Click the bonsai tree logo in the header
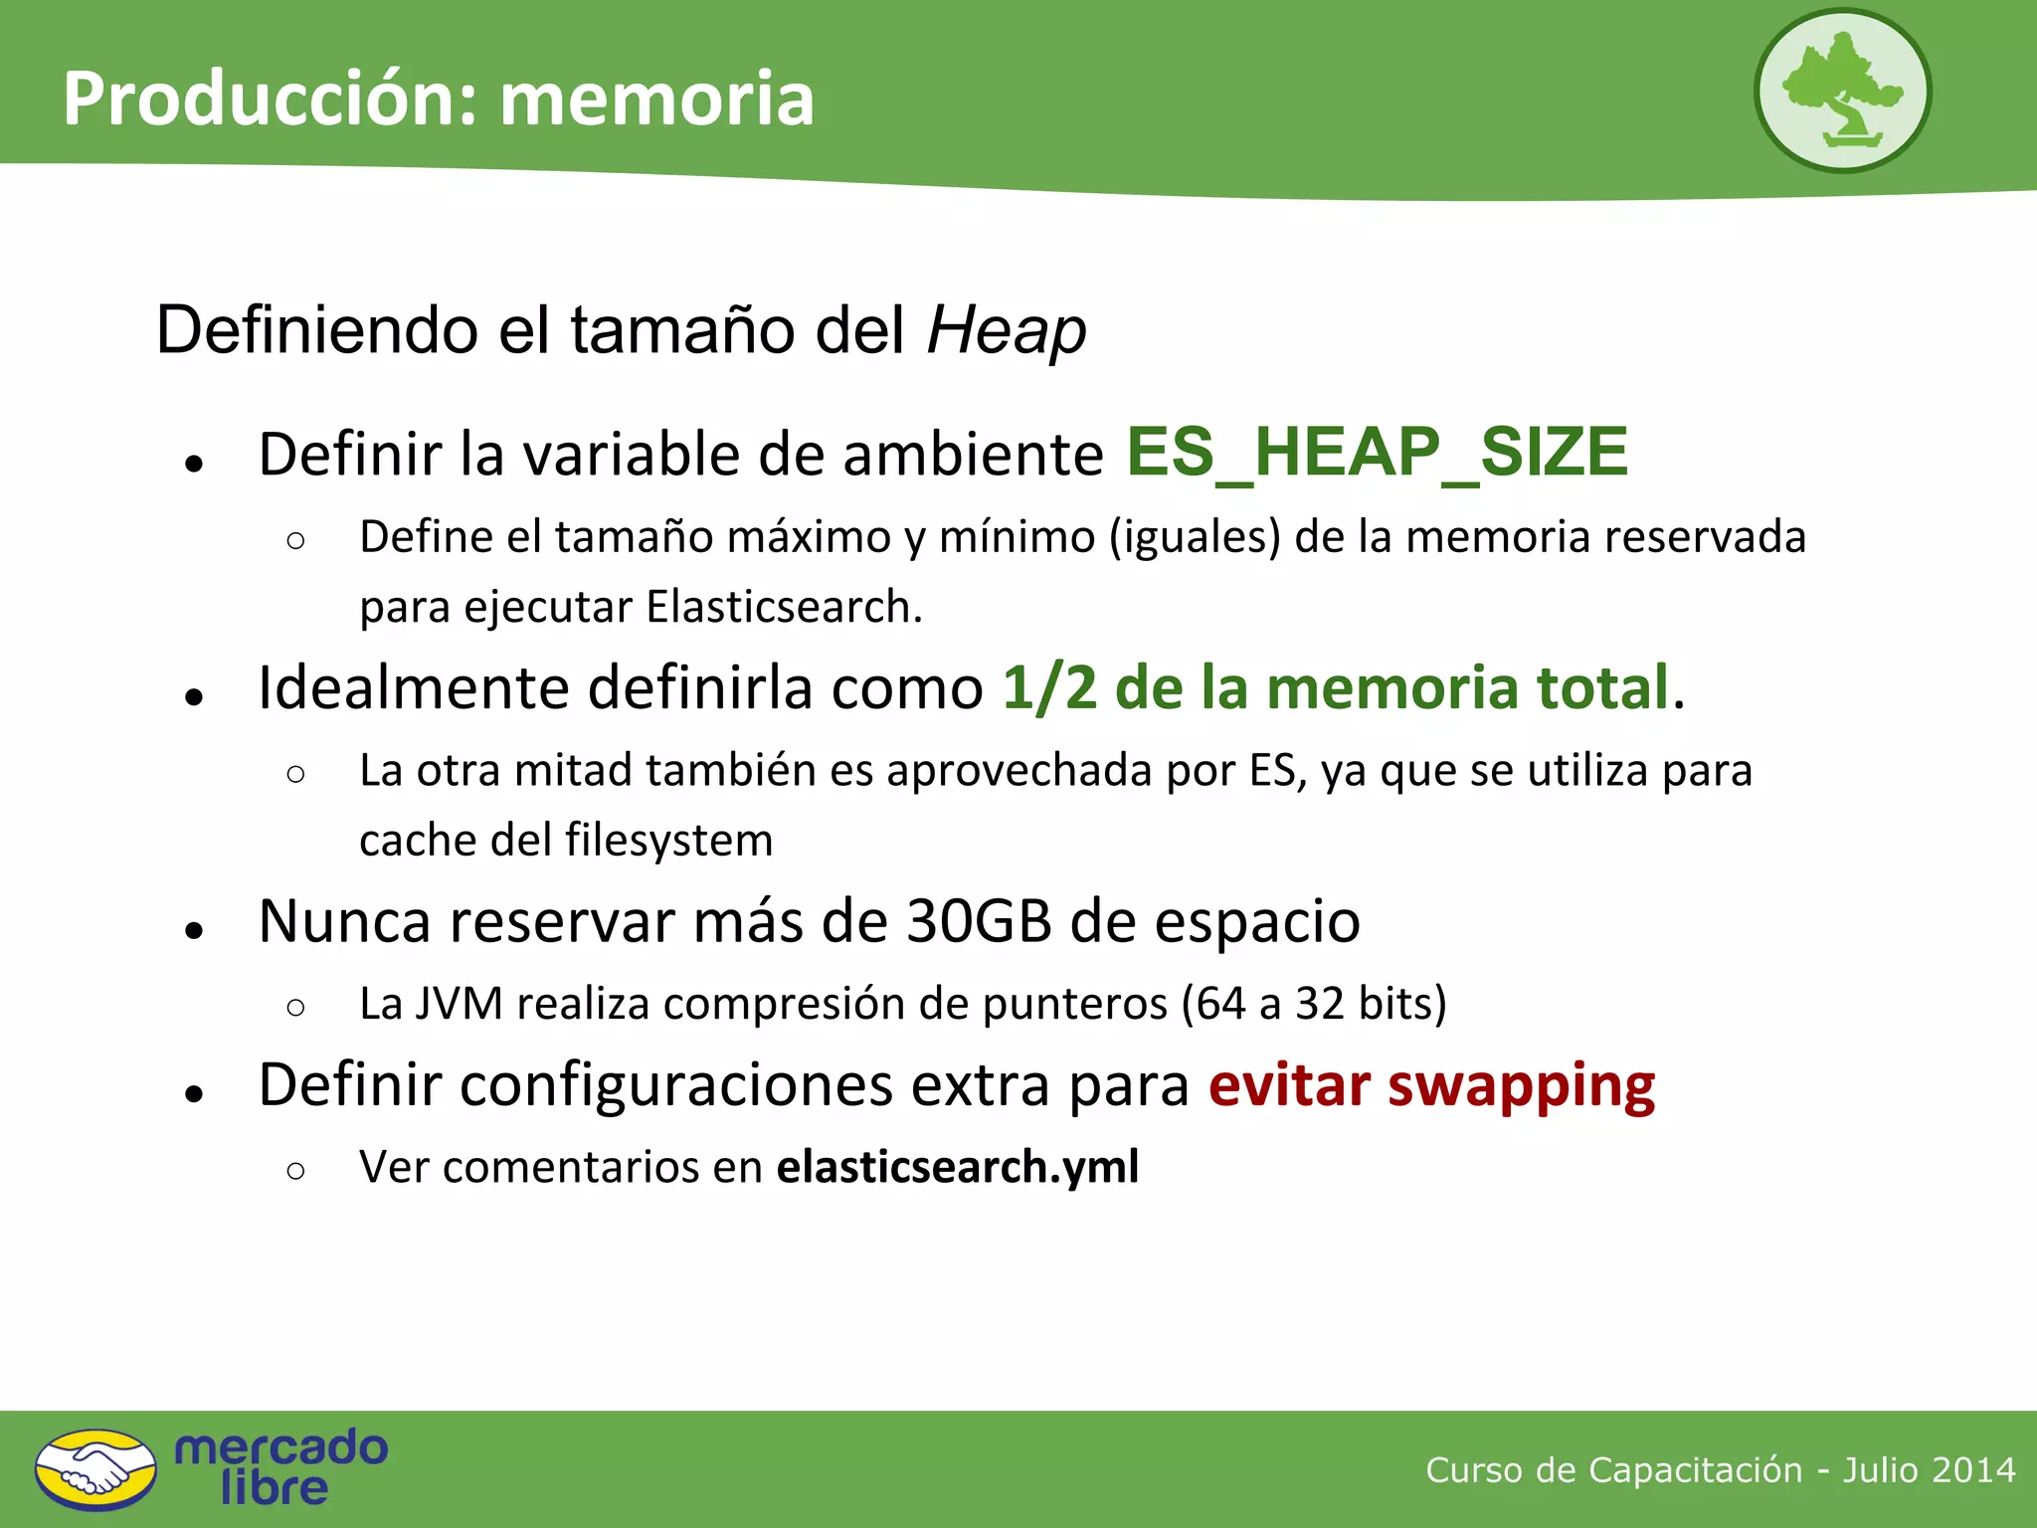pyautogui.click(x=1842, y=92)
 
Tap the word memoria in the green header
pyautogui.click(x=656, y=99)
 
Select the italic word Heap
pyautogui.click(x=1006, y=332)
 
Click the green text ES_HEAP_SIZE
pyautogui.click(x=1377, y=453)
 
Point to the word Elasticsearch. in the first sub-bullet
pyautogui.click(x=784, y=607)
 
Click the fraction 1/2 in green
pyautogui.click(x=1048, y=687)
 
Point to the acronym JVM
pyautogui.click(x=459, y=1004)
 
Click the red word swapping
pyautogui.click(x=1521, y=1086)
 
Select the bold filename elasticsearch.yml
pyautogui.click(x=957, y=1167)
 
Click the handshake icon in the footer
pyautogui.click(x=95, y=1470)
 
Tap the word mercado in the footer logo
pyautogui.click(x=280, y=1448)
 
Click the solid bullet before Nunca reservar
pyautogui.click(x=194, y=930)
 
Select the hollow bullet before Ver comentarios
pyautogui.click(x=295, y=1171)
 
